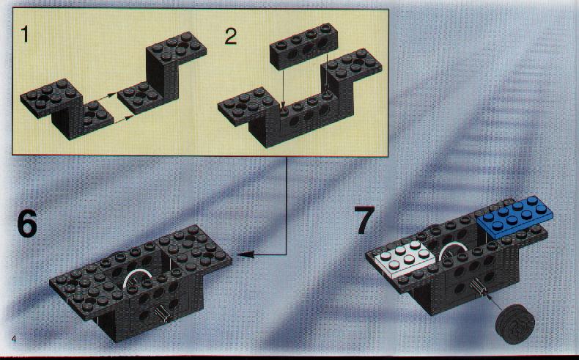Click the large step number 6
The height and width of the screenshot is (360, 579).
click(27, 224)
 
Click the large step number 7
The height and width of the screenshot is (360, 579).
click(365, 221)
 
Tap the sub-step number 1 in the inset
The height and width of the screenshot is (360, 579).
click(25, 34)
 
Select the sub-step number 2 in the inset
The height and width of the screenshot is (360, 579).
click(231, 37)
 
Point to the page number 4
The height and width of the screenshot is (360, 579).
click(14, 339)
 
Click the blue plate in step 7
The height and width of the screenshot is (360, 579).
click(515, 216)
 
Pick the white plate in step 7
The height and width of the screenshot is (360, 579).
click(405, 261)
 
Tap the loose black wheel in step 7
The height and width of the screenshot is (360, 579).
click(515, 325)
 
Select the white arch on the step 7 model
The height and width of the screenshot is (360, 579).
click(453, 248)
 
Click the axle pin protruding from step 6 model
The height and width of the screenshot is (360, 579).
click(163, 314)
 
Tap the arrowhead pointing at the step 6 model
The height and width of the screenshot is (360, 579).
click(245, 254)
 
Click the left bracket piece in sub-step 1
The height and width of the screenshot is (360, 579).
click(67, 109)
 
